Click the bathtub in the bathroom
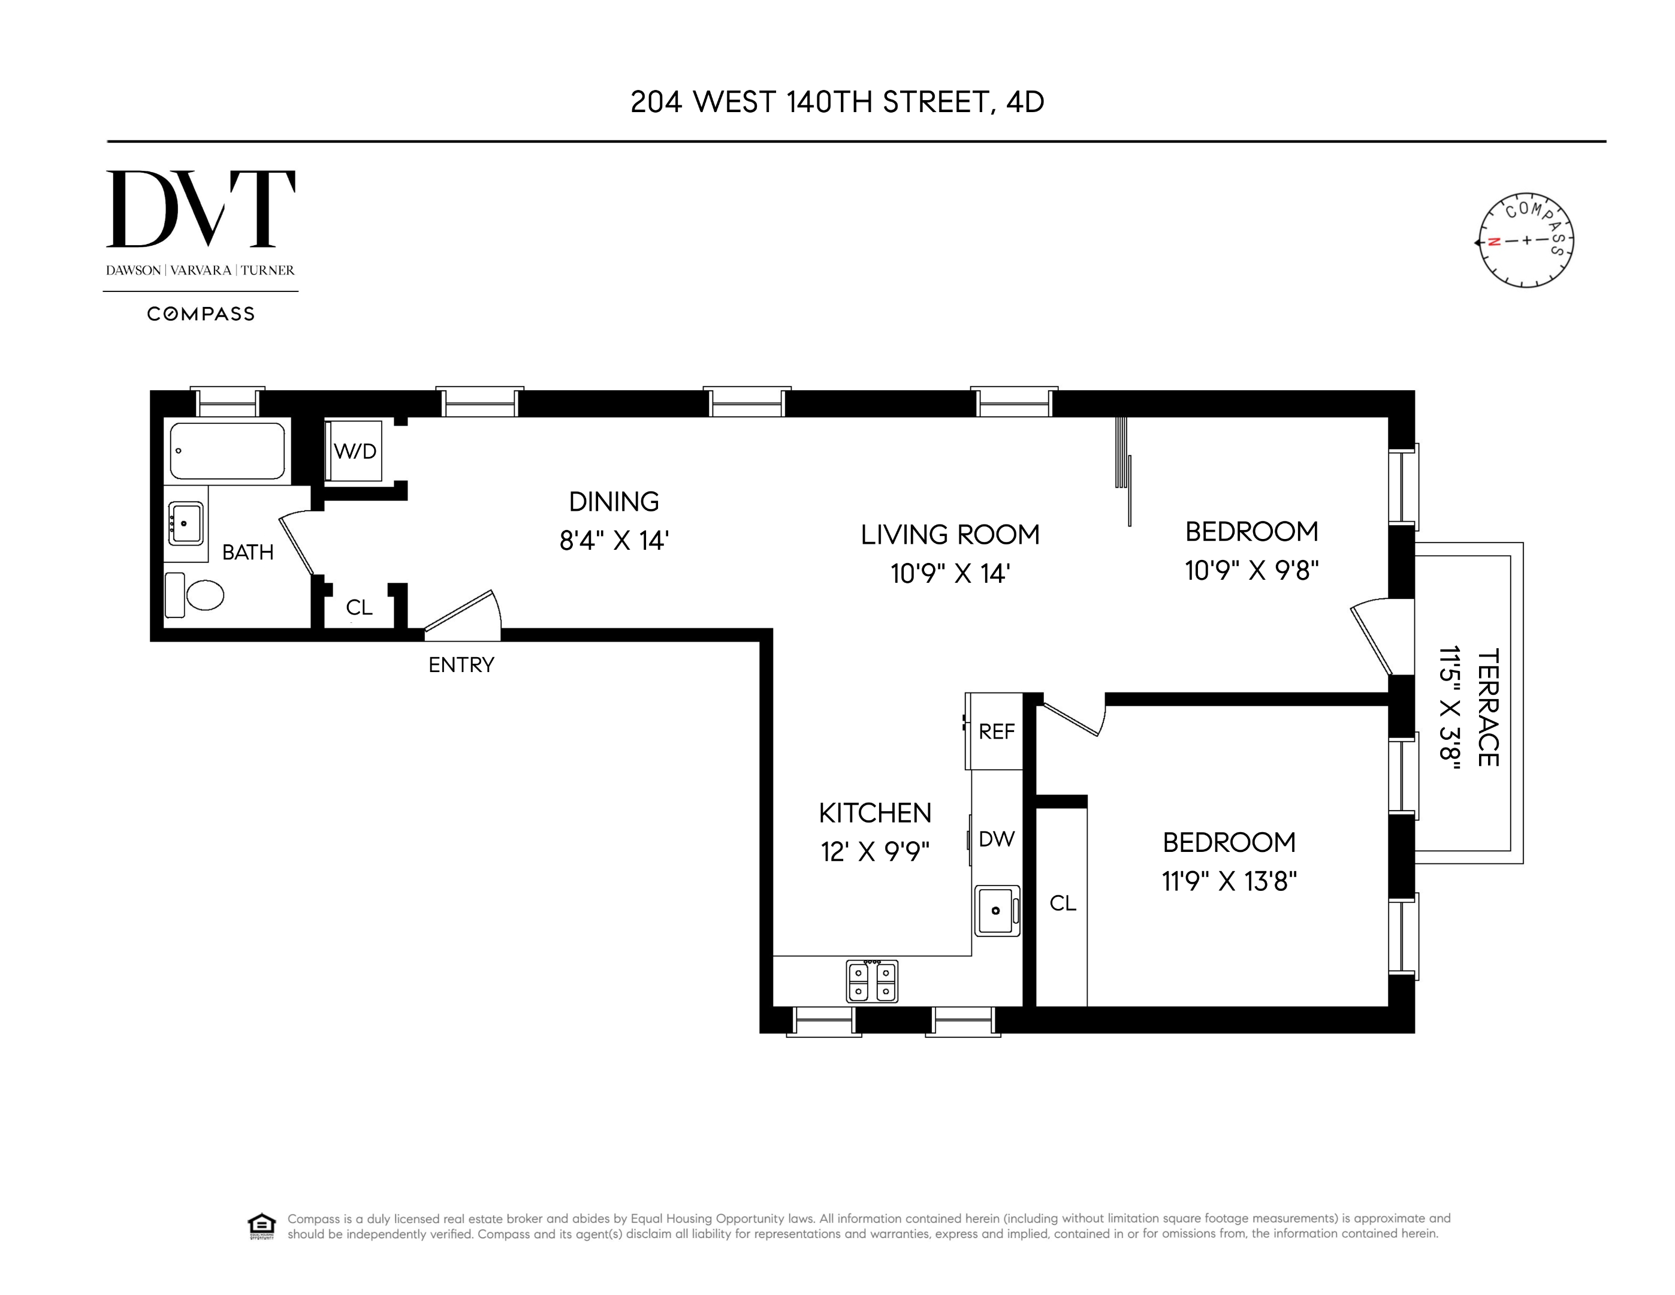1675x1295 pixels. pyautogui.click(x=227, y=451)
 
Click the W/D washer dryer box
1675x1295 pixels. pyautogui.click(x=354, y=451)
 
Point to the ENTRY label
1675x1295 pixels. pyautogui.click(x=461, y=664)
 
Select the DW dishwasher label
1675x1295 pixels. pyautogui.click(x=996, y=839)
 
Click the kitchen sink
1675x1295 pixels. pyautogui.click(x=996, y=911)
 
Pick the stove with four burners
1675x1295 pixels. pyautogui.click(x=872, y=981)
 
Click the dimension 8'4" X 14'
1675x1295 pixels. pyautogui.click(x=614, y=541)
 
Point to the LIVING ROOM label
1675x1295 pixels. pyautogui.click(x=949, y=535)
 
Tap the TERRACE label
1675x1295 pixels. pyautogui.click(x=1487, y=707)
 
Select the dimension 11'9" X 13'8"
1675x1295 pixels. pyautogui.click(x=1229, y=881)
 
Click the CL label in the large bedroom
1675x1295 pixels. pyautogui.click(x=1062, y=904)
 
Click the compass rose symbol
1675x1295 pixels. pyautogui.click(x=1525, y=240)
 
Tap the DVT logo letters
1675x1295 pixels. pyautogui.click(x=200, y=209)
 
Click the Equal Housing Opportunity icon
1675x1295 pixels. pyautogui.click(x=261, y=1226)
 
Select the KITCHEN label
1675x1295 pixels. pyautogui.click(x=874, y=813)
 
